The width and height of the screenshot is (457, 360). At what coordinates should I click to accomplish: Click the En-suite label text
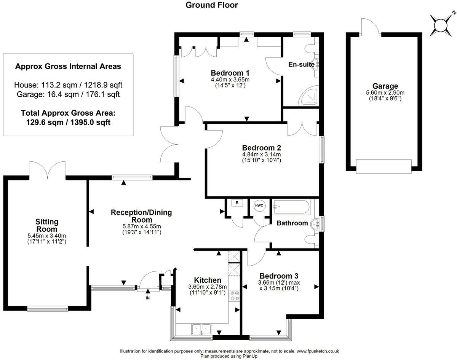click(x=301, y=64)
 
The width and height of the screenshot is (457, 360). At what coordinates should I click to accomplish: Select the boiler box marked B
click(x=237, y=203)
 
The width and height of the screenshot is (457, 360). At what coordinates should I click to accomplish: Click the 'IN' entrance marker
click(x=148, y=298)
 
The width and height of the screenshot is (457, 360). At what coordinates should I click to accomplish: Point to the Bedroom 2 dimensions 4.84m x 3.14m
click(x=261, y=155)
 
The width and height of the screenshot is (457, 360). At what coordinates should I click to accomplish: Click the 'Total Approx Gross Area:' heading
click(x=68, y=113)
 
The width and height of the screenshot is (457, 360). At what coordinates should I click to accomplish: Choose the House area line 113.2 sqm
click(x=68, y=84)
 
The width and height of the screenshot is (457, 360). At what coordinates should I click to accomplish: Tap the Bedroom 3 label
click(x=278, y=276)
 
